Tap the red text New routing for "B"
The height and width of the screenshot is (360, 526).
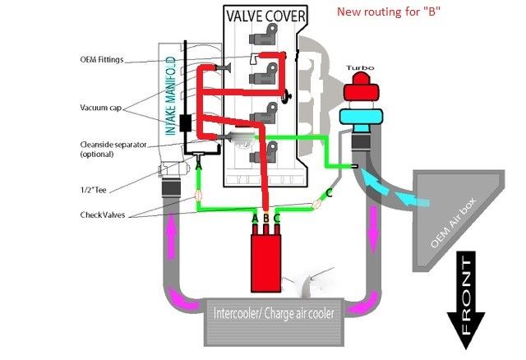[391, 12]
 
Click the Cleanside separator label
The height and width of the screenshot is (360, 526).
[113, 145]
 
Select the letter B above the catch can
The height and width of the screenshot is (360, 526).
[265, 218]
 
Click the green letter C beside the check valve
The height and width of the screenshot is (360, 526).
[330, 192]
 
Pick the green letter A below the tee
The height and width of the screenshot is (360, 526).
[197, 164]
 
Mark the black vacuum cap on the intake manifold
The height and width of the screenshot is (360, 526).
[186, 123]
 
